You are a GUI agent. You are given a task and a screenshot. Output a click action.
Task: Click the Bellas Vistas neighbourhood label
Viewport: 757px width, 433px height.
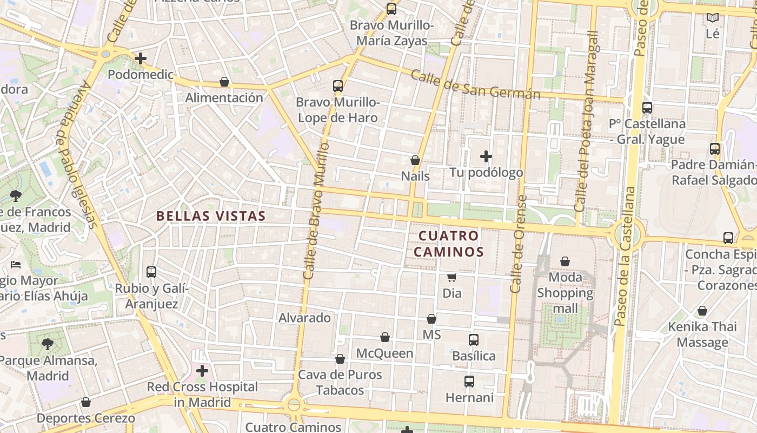211,216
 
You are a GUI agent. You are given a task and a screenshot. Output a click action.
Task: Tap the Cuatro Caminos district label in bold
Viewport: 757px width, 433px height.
451,244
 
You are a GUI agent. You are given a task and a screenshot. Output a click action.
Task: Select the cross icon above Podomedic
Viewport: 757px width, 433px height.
141,58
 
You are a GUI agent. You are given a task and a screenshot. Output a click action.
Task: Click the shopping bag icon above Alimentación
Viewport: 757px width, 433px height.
224,82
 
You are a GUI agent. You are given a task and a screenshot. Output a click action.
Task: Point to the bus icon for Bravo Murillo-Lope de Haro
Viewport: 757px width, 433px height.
338,86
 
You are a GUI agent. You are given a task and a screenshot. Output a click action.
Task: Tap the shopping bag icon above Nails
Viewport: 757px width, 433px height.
415,160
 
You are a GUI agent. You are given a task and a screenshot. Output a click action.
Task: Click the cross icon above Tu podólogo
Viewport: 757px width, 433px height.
486,156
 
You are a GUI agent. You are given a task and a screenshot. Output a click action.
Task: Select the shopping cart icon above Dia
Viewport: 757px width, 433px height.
452,278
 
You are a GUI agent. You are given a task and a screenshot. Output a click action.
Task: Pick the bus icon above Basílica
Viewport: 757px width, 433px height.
474,340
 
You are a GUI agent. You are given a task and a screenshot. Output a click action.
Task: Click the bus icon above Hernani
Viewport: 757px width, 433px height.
469,382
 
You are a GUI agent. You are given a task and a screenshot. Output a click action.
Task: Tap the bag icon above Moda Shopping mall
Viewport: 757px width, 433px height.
565,262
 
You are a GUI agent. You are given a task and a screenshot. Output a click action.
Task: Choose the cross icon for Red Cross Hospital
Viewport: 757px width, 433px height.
202,371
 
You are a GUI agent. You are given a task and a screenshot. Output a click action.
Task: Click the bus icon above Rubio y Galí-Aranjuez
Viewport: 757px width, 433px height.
151,272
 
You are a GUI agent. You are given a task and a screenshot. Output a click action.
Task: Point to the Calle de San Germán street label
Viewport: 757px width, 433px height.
475,84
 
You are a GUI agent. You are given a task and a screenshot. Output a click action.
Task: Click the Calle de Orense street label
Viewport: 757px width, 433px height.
519,244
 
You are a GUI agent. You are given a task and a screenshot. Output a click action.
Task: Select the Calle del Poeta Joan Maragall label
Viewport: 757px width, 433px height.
587,122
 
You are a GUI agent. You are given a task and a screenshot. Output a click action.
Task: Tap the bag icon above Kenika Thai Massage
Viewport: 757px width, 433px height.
702,311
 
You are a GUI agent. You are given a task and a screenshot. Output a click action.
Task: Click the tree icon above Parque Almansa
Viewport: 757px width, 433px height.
48,344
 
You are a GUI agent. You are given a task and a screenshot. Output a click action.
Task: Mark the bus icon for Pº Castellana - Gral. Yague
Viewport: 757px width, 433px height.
647,108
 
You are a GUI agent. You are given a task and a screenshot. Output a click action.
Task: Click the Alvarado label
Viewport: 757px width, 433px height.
304,318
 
